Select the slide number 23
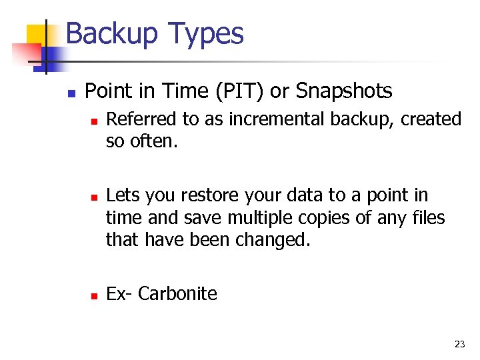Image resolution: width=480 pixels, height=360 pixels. click(x=459, y=344)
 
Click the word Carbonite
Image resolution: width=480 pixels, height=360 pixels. click(x=177, y=293)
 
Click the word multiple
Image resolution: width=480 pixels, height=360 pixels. click(x=263, y=217)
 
